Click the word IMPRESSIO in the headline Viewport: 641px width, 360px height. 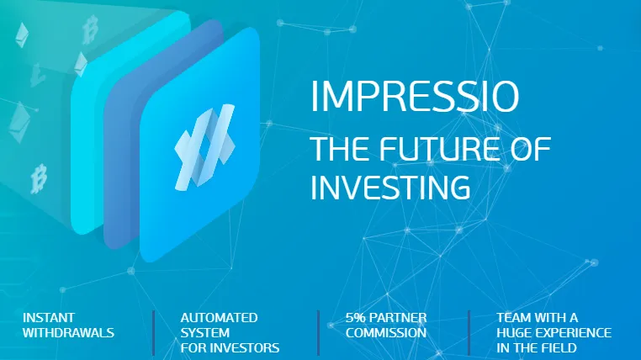[x=415, y=97]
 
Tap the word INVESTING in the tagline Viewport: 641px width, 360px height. [x=390, y=188]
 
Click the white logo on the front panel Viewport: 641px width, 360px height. [x=204, y=147]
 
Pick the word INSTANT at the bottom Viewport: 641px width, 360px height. [x=49, y=317]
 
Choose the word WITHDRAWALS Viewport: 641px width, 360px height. [x=69, y=332]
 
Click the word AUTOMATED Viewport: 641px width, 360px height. [x=219, y=317]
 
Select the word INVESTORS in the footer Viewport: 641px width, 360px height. [x=249, y=347]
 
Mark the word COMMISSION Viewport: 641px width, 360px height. [x=386, y=332]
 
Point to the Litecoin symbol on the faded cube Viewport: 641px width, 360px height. [x=37, y=75]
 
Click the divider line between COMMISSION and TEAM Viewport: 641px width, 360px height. [x=469, y=332]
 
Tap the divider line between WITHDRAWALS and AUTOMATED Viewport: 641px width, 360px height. [x=154, y=332]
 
